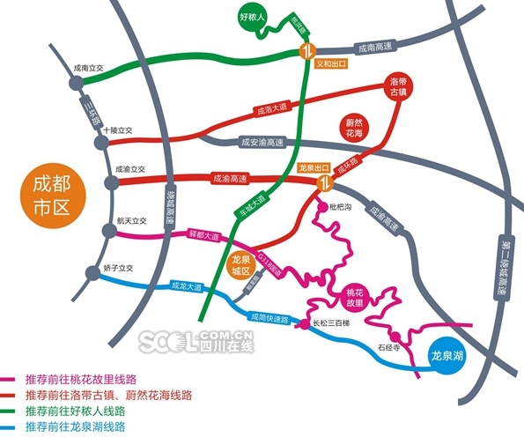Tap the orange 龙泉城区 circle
[240, 266]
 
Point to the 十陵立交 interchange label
[117, 130]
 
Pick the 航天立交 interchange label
[129, 222]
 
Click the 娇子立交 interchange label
[117, 267]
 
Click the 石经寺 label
[389, 348]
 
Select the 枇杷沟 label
[340, 207]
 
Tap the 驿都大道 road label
[203, 235]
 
